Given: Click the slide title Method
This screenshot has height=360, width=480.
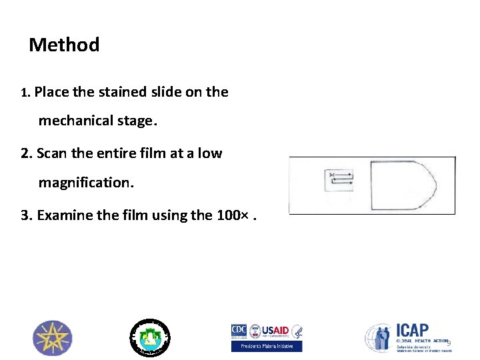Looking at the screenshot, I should [x=64, y=45].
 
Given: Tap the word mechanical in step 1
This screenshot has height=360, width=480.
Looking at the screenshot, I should [x=94, y=121].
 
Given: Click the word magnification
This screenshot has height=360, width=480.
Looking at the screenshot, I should [x=86, y=181].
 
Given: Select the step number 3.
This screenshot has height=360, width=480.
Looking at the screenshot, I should [x=25, y=215].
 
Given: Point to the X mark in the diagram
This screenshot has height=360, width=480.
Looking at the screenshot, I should [x=331, y=175].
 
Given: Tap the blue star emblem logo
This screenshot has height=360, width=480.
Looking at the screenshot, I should [x=53, y=338].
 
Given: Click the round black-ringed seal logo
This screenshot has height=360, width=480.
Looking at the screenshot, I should [x=150, y=337].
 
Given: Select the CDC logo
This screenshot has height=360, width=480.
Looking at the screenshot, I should [x=239, y=331].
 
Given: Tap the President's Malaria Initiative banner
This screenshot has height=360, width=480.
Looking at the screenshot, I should [x=267, y=346].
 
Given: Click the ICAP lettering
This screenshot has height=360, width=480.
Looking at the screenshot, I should [x=413, y=331].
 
